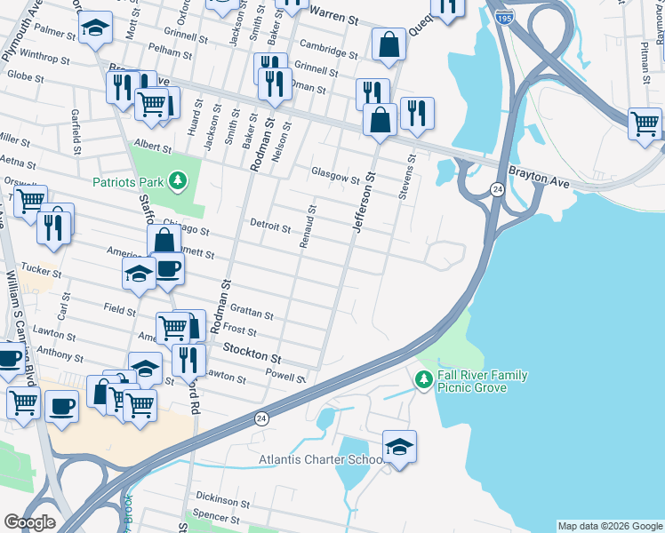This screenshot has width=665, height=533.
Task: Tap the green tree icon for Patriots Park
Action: coord(179,182)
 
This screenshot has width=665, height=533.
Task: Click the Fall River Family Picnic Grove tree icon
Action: coord(424,379)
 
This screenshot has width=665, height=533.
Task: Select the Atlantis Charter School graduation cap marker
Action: coord(400,447)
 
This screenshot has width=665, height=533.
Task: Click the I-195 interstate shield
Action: coord(504,17)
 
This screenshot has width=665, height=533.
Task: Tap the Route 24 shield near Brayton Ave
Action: coord(495,188)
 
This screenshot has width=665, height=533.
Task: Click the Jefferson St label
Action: coord(364,205)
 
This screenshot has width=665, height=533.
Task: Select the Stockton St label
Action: coord(252,354)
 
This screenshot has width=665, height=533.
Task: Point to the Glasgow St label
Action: coord(334,172)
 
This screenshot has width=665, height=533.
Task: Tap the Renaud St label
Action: coord(308,227)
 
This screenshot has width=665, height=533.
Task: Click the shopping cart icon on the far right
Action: coord(645,123)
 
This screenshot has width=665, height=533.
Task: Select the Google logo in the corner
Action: coord(30,521)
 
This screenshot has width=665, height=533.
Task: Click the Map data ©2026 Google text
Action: coord(609,526)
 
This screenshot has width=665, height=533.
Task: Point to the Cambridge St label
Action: coord(328,48)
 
